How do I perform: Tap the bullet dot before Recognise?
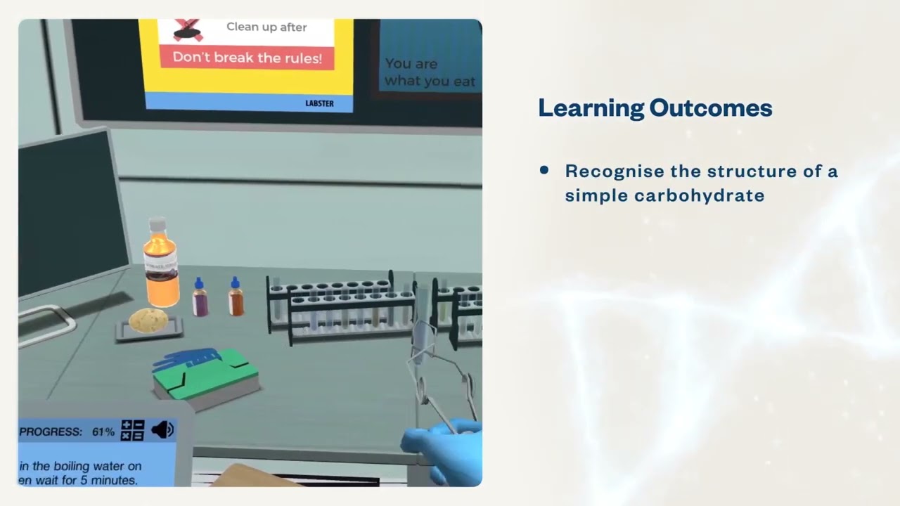pos(544,170)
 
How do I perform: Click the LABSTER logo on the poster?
pos(319,103)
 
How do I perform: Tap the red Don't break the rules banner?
pos(247,58)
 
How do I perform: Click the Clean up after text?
pos(266,27)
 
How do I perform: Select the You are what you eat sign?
pos(430,72)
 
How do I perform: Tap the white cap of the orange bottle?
pos(157,226)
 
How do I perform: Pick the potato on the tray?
pos(148,320)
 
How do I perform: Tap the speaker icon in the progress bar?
pos(162,430)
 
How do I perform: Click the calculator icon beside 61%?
pos(132,430)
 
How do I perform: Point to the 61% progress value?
pos(103,432)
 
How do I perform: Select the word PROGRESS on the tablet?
pos(51,432)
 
